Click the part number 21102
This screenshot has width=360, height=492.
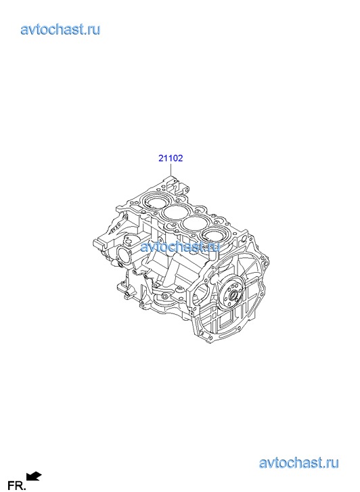click(171, 158)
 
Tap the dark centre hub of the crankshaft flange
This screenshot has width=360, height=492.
click(233, 295)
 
